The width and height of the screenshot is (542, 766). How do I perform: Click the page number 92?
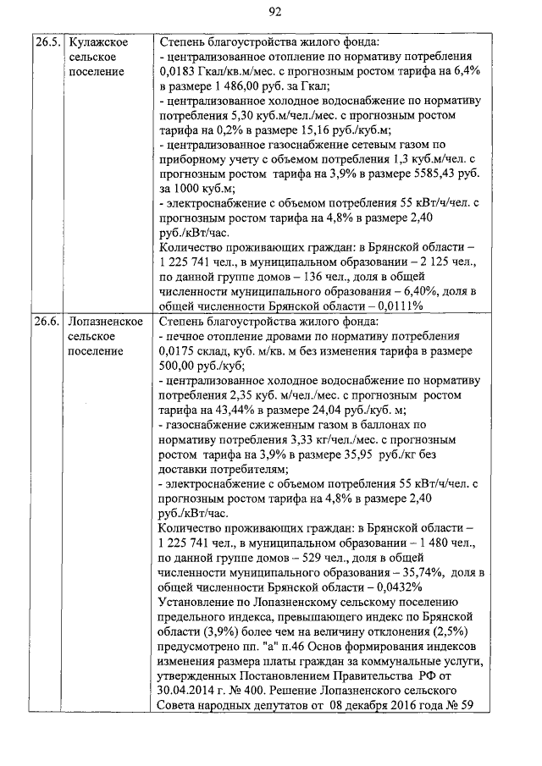click(274, 11)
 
